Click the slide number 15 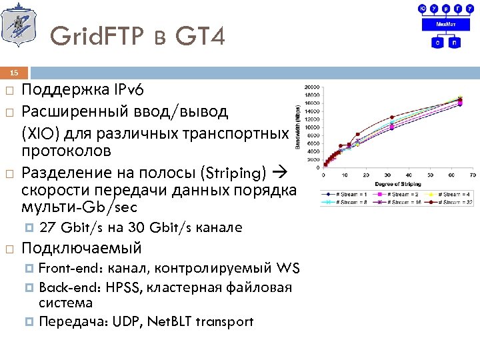(x=15, y=73)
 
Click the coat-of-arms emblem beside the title (x=16, y=25)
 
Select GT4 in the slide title (x=201, y=35)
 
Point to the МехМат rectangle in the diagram (x=446, y=24)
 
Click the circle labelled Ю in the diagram (x=422, y=8)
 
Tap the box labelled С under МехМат (x=437, y=42)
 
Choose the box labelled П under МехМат (x=455, y=42)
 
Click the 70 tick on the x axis (x=472, y=175)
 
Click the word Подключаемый (x=82, y=249)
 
